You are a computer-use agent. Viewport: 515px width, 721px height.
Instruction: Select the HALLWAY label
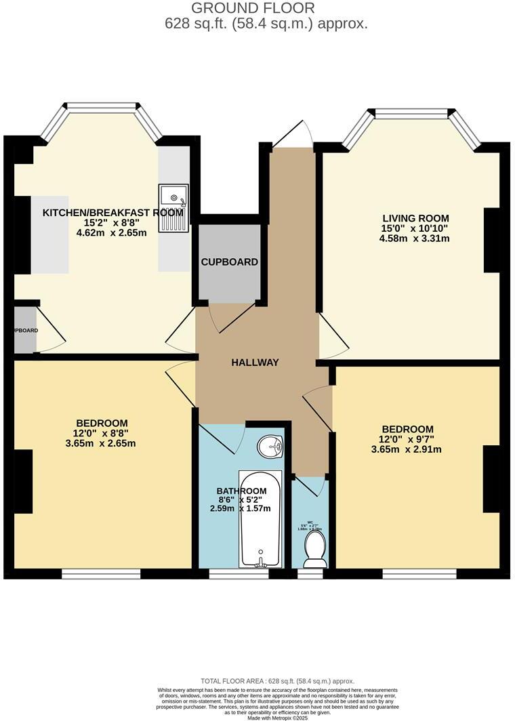click(255, 363)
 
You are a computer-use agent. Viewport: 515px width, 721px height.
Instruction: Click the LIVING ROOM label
click(415, 218)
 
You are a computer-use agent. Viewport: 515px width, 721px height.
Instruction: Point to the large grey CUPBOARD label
click(230, 262)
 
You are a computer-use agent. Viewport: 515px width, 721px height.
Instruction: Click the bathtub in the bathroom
click(261, 518)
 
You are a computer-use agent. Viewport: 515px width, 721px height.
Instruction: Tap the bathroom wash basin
click(271, 447)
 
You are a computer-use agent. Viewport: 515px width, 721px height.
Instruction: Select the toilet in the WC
click(314, 549)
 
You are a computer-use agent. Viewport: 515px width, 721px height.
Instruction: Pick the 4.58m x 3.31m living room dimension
click(415, 239)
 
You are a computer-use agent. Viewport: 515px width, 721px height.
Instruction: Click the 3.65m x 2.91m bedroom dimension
click(407, 449)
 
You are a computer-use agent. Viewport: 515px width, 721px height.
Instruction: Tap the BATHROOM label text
click(241, 491)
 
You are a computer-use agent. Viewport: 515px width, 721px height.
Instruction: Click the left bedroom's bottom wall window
click(101, 574)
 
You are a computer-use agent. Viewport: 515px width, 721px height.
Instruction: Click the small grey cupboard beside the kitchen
click(25, 330)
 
